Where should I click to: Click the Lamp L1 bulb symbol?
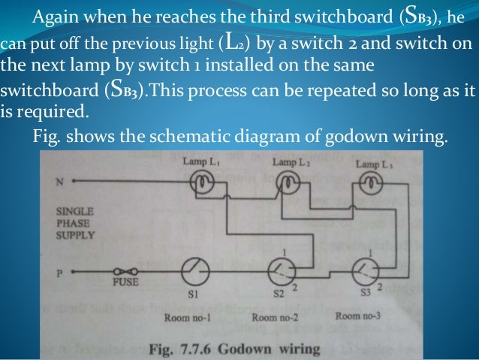(x=204, y=182)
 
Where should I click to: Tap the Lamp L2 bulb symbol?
(x=288, y=181)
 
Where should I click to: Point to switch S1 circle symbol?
(x=197, y=271)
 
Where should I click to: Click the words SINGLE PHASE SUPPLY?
(x=76, y=223)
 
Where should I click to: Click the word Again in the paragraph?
(x=61, y=17)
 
